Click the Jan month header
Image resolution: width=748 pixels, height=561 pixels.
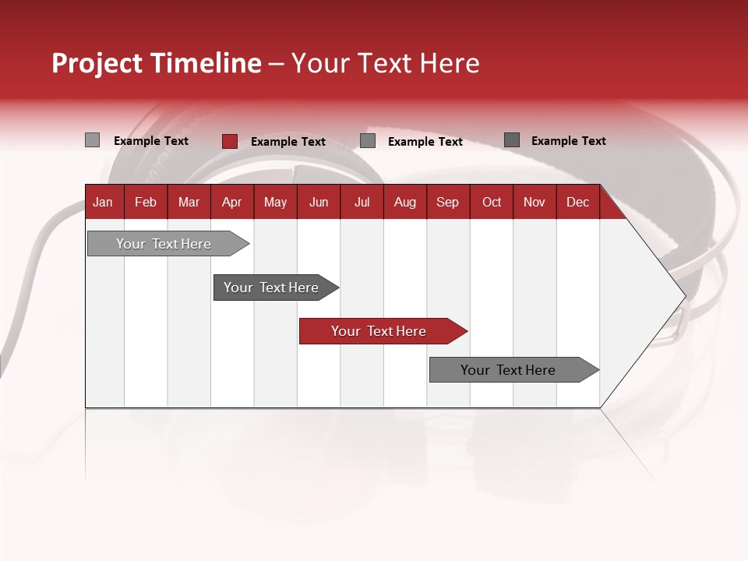click(x=103, y=202)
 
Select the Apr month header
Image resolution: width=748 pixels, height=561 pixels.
click(x=231, y=202)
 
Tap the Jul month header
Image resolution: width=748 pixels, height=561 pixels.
click(x=362, y=202)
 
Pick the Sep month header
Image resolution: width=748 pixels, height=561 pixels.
click(x=447, y=202)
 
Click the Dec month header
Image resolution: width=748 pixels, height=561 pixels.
click(x=577, y=202)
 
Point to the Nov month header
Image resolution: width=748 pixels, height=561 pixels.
click(x=534, y=202)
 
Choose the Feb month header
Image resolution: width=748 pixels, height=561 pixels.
click(x=146, y=202)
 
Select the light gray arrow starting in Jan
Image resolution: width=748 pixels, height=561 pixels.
click(x=164, y=244)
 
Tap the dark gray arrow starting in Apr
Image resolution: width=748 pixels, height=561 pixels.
click(x=271, y=288)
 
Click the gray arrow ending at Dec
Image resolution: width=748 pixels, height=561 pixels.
click(x=508, y=370)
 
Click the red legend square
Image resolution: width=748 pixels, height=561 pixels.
click(x=229, y=141)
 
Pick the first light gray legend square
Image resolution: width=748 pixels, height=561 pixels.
click(x=92, y=140)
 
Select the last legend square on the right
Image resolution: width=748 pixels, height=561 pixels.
click(x=512, y=140)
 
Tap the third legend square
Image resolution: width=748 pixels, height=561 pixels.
click(x=368, y=141)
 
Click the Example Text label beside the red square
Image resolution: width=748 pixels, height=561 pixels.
click(x=288, y=142)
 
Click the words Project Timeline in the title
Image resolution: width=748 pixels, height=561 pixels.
click(x=156, y=63)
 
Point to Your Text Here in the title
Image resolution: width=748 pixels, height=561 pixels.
click(x=385, y=63)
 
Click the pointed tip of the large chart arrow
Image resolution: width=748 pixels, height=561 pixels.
click(x=683, y=295)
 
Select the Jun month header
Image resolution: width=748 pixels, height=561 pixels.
click(x=318, y=202)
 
